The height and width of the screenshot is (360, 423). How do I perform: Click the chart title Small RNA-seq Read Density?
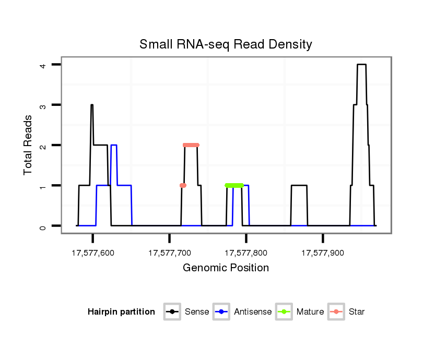[226, 45]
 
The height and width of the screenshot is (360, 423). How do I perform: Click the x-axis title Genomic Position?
[226, 268]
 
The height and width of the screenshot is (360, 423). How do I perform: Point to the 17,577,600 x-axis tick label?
[93, 253]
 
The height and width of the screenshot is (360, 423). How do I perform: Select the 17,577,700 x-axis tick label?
[170, 253]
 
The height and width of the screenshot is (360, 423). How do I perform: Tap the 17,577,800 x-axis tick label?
[246, 253]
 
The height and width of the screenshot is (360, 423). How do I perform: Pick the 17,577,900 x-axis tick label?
[323, 253]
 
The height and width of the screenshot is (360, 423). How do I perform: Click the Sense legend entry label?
[197, 312]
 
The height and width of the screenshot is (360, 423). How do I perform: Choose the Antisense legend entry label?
[253, 312]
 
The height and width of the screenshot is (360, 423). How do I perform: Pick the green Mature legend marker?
[285, 312]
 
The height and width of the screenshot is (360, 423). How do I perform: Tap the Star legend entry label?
[357, 312]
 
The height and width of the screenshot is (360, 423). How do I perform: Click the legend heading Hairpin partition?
[121, 312]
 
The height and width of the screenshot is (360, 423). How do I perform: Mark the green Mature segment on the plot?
[234, 185]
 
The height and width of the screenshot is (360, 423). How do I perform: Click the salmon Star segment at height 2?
[191, 145]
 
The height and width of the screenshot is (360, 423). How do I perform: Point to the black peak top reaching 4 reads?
[361, 65]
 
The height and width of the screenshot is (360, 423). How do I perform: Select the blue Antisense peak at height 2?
[114, 145]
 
